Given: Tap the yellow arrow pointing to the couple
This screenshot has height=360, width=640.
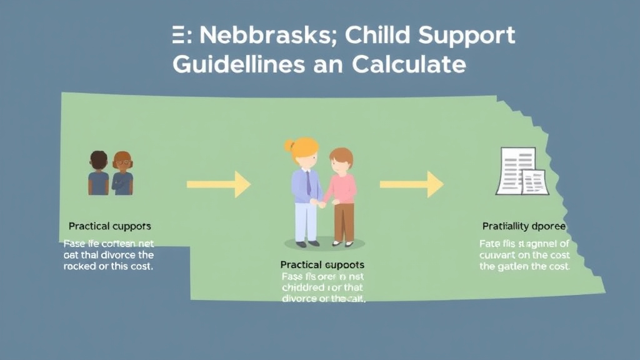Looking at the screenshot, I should pyautogui.click(x=218, y=184).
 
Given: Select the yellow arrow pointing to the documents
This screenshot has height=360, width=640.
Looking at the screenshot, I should pyautogui.click(x=411, y=184).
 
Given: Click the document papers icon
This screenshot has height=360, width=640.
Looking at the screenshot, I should pyautogui.click(x=522, y=171).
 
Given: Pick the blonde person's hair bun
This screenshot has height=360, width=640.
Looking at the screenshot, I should pyautogui.click(x=289, y=146).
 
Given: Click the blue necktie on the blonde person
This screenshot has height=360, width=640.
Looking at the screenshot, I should pyautogui.click(x=308, y=183).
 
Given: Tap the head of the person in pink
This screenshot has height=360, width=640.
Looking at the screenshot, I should pyautogui.click(x=341, y=159).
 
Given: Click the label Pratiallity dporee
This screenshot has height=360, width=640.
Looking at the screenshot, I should pyautogui.click(x=524, y=226).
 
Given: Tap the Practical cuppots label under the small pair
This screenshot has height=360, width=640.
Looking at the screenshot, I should pyautogui.click(x=109, y=226).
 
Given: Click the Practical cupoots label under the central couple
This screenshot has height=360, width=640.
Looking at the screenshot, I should pyautogui.click(x=322, y=265).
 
